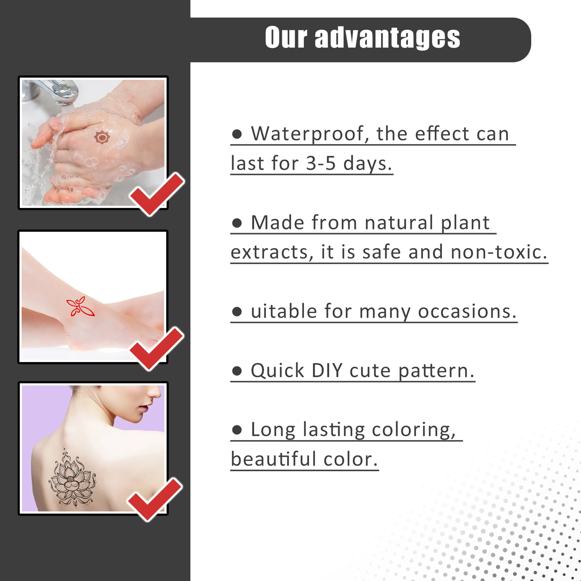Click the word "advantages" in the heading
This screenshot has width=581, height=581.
(388, 37)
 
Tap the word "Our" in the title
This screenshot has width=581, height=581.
(286, 37)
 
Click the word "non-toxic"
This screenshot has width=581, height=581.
(499, 252)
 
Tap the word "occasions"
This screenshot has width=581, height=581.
(467, 311)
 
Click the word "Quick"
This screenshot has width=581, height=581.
(278, 371)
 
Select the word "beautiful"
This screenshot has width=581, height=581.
(274, 459)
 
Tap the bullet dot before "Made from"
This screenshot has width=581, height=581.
(237, 223)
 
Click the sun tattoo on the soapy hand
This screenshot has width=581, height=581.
(102, 138)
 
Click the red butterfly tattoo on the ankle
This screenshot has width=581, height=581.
(80, 307)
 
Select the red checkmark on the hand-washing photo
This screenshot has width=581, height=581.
(157, 194)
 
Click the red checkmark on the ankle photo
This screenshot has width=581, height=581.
(157, 348)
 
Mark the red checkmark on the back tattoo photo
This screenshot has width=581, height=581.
(155, 499)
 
